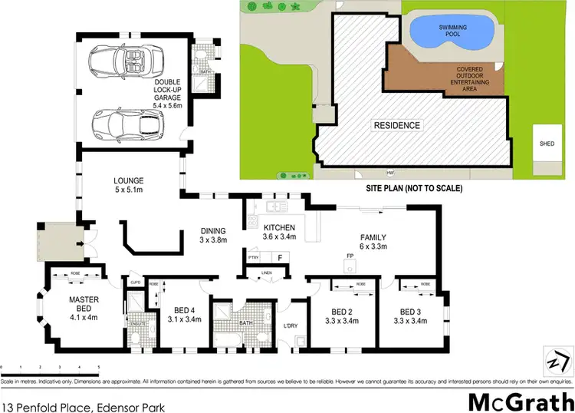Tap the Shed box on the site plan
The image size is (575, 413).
(547, 143)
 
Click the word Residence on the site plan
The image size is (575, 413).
(396, 125)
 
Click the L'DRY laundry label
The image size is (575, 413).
(291, 326)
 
